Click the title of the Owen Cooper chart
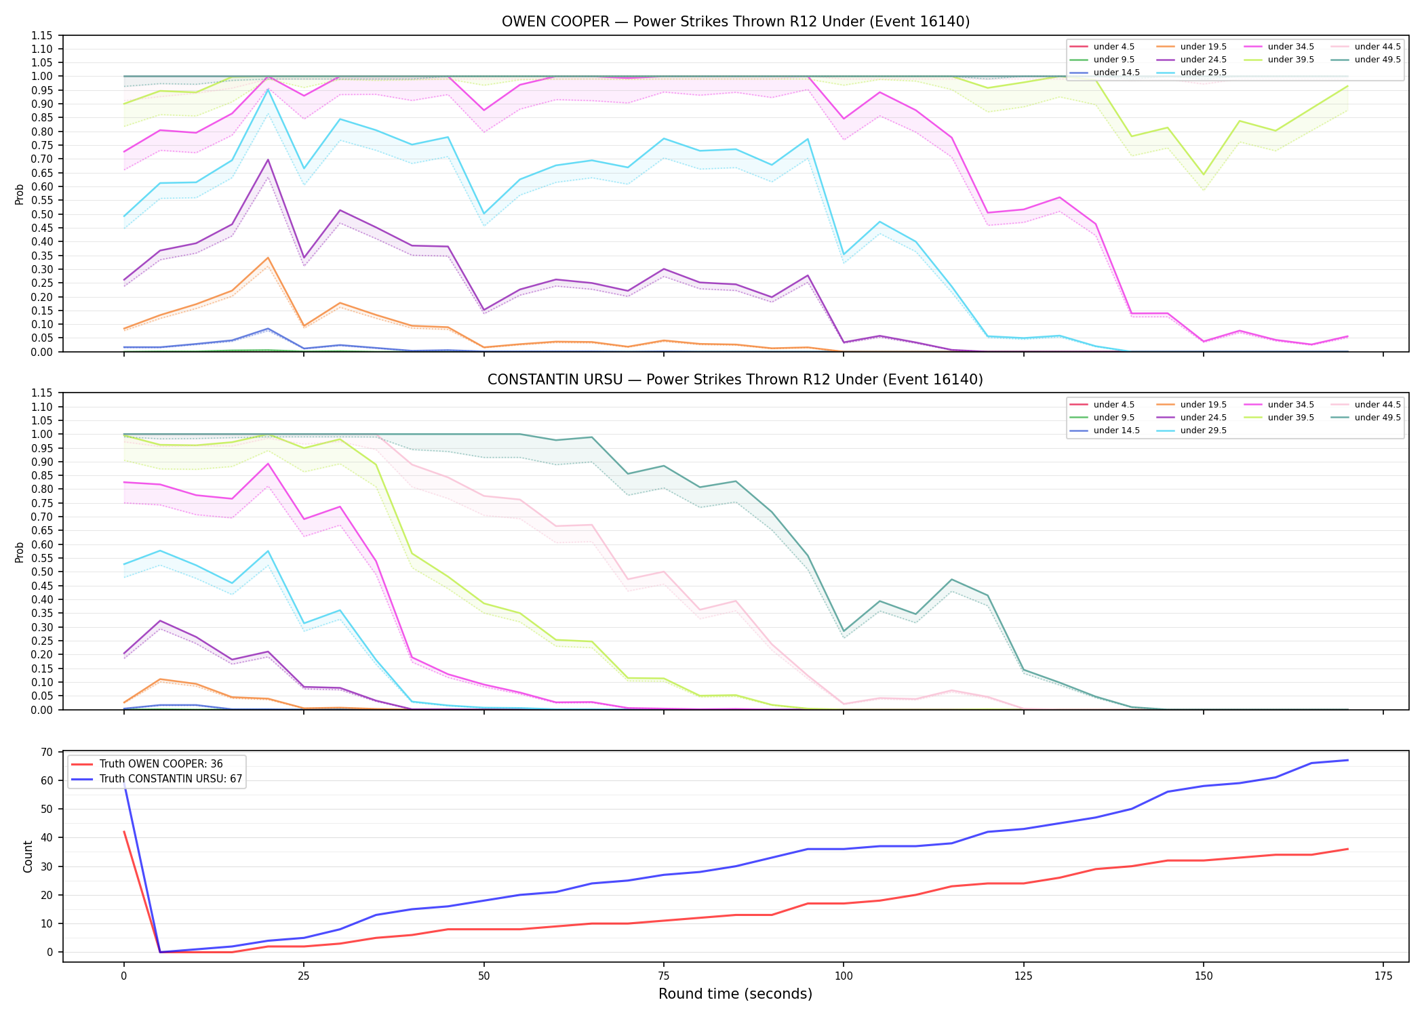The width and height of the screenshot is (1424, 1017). (x=736, y=22)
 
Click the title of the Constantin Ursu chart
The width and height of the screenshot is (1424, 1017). (x=736, y=380)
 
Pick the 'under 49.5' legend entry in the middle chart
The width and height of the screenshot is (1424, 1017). (x=1366, y=418)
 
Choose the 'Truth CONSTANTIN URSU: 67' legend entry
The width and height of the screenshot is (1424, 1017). (x=156, y=779)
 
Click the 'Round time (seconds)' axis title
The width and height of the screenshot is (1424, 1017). (x=736, y=994)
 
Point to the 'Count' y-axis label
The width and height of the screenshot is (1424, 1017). (x=28, y=856)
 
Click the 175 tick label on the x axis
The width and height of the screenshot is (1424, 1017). (x=1383, y=976)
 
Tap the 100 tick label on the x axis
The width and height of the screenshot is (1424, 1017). (x=844, y=976)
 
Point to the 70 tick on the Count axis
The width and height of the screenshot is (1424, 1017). (x=47, y=752)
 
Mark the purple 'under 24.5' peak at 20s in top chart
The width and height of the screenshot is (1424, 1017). (x=268, y=159)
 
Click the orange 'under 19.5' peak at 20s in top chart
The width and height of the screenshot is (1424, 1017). (x=268, y=258)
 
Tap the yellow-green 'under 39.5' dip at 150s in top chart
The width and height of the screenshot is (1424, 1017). (x=1204, y=175)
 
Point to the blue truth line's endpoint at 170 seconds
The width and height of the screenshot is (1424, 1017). (x=1347, y=760)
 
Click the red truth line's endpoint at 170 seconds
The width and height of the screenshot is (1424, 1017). (x=1347, y=849)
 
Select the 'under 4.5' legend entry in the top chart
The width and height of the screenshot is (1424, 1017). (x=1102, y=47)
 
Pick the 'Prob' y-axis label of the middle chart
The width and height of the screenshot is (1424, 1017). (x=20, y=552)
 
